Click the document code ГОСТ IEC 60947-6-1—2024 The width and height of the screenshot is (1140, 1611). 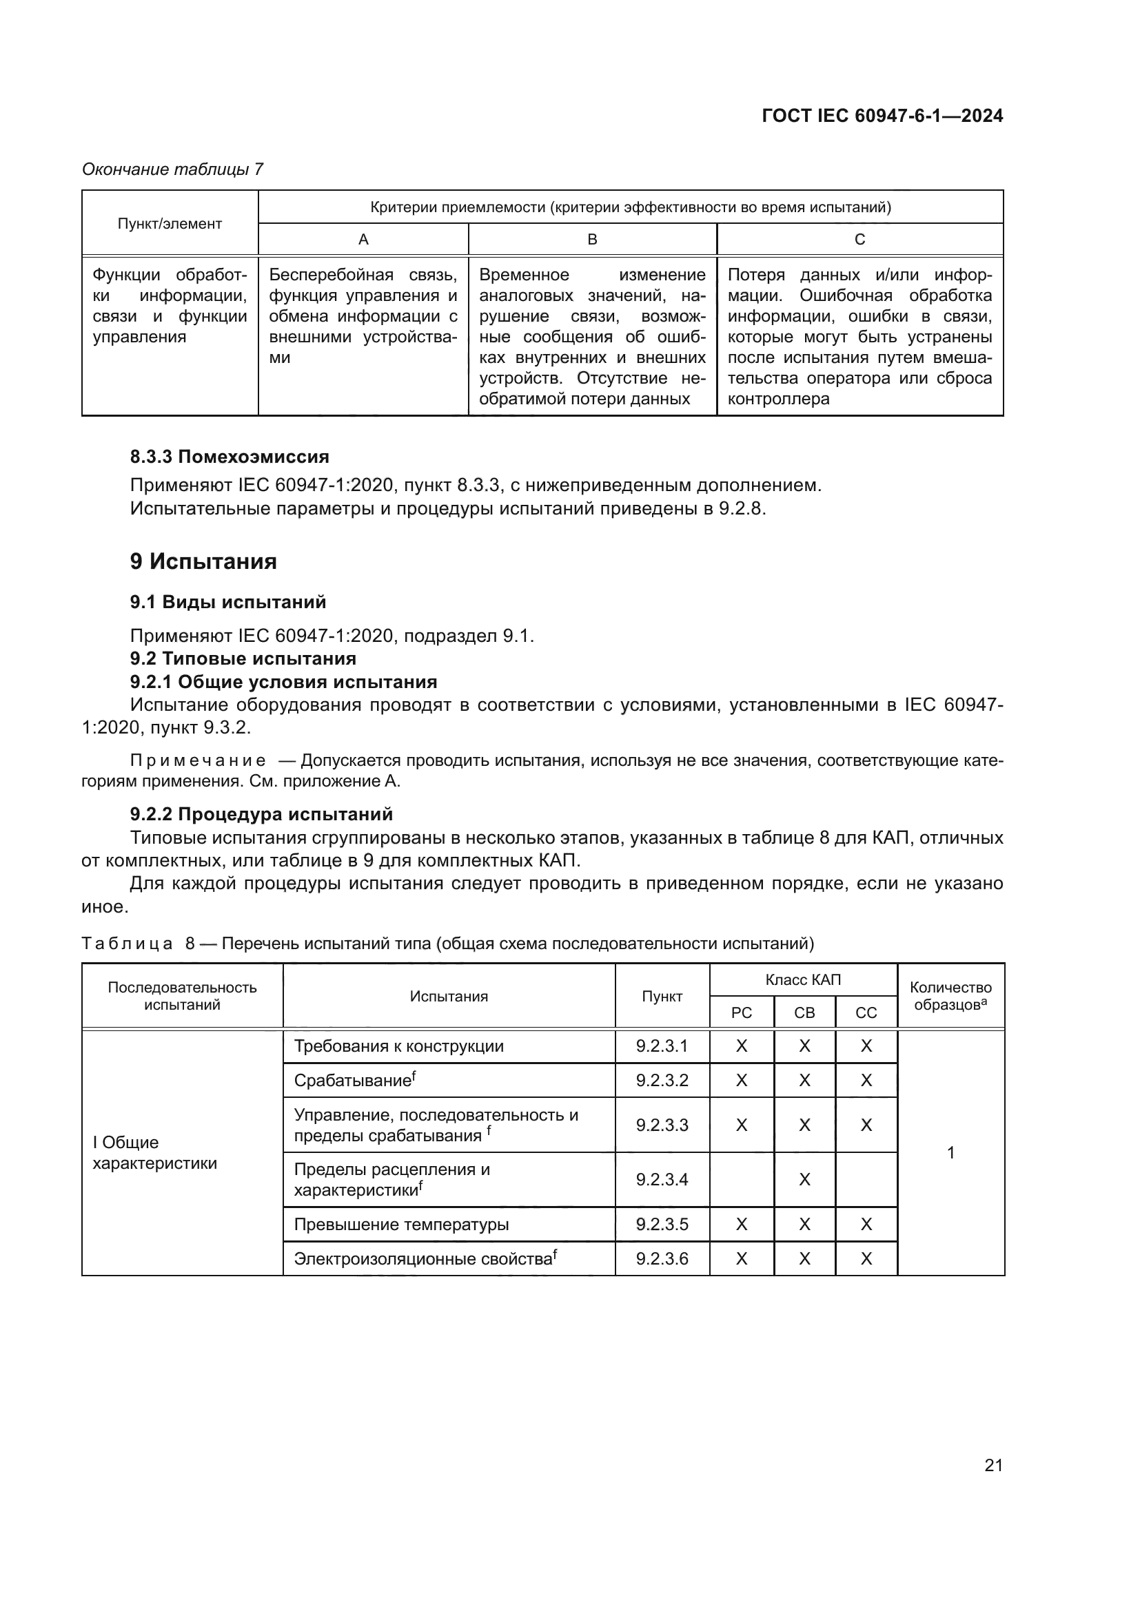[x=882, y=116]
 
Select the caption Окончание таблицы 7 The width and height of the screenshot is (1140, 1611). [x=172, y=169]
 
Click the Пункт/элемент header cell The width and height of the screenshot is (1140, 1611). [x=169, y=224]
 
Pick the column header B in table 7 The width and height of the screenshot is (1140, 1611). [x=592, y=240]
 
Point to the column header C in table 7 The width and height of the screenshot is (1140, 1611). [x=859, y=240]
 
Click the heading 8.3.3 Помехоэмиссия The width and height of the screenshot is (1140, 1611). [x=229, y=457]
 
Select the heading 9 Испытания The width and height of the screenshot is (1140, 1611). [x=203, y=561]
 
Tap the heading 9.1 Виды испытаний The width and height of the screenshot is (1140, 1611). [x=227, y=602]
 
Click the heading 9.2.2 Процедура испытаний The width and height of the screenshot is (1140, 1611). [x=261, y=814]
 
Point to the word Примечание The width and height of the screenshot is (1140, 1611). [x=198, y=761]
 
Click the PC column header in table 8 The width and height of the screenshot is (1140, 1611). [x=742, y=1013]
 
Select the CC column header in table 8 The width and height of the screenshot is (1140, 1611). [x=866, y=1013]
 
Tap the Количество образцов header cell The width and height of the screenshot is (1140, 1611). [x=950, y=997]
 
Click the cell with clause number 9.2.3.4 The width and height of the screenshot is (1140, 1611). [x=662, y=1179]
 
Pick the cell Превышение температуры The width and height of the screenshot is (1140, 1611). [x=401, y=1225]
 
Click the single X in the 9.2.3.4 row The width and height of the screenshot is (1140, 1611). [x=804, y=1179]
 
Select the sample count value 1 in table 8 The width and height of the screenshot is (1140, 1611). [x=950, y=1152]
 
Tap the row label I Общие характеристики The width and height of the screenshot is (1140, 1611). [x=154, y=1153]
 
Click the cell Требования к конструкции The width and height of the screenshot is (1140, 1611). [x=398, y=1046]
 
